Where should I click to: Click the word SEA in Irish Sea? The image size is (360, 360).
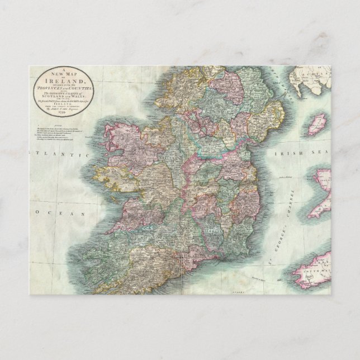(x=312, y=153)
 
